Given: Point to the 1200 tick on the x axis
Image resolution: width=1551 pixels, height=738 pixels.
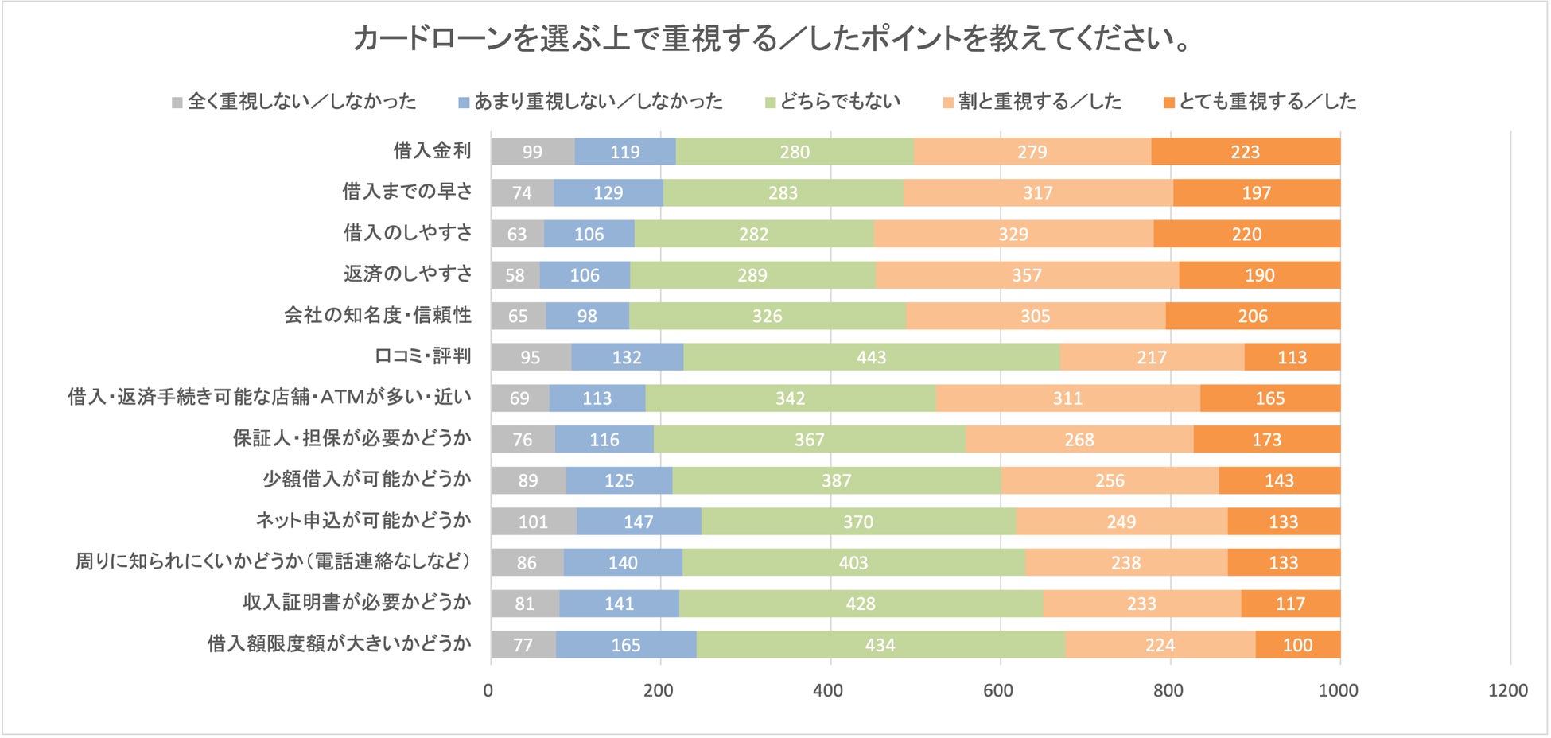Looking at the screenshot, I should [1508, 690].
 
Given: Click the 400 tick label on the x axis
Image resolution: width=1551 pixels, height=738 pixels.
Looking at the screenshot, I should [828, 690].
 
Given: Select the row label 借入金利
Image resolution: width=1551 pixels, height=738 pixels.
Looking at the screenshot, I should [432, 151].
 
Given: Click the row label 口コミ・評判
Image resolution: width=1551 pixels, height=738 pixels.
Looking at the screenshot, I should [423, 356].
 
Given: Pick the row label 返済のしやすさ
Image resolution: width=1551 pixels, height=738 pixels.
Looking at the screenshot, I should [407, 274].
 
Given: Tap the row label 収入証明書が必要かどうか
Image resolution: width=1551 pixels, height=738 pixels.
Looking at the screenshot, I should [357, 603].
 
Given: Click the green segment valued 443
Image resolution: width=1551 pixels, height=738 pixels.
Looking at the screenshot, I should [871, 357].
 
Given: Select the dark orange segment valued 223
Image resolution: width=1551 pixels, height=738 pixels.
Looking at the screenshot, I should [1245, 152].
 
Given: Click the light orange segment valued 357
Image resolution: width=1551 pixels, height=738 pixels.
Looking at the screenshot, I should [1026, 275].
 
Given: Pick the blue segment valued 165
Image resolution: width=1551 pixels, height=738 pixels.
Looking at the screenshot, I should [625, 645].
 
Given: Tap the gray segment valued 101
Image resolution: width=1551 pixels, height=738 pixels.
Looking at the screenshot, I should [533, 522].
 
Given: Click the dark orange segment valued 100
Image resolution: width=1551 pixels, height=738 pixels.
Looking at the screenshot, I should [1297, 645].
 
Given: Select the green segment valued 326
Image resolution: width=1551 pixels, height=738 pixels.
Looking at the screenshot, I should [767, 316].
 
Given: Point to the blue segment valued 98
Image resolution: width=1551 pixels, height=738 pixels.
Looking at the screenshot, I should [587, 316].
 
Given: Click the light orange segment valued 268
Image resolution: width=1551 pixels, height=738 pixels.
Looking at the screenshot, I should [1079, 439].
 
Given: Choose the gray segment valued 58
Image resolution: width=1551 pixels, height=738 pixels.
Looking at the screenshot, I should [515, 275].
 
